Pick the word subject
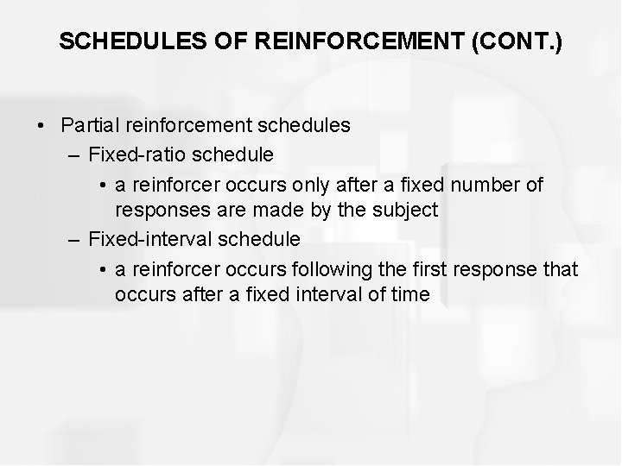[x=409, y=210]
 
